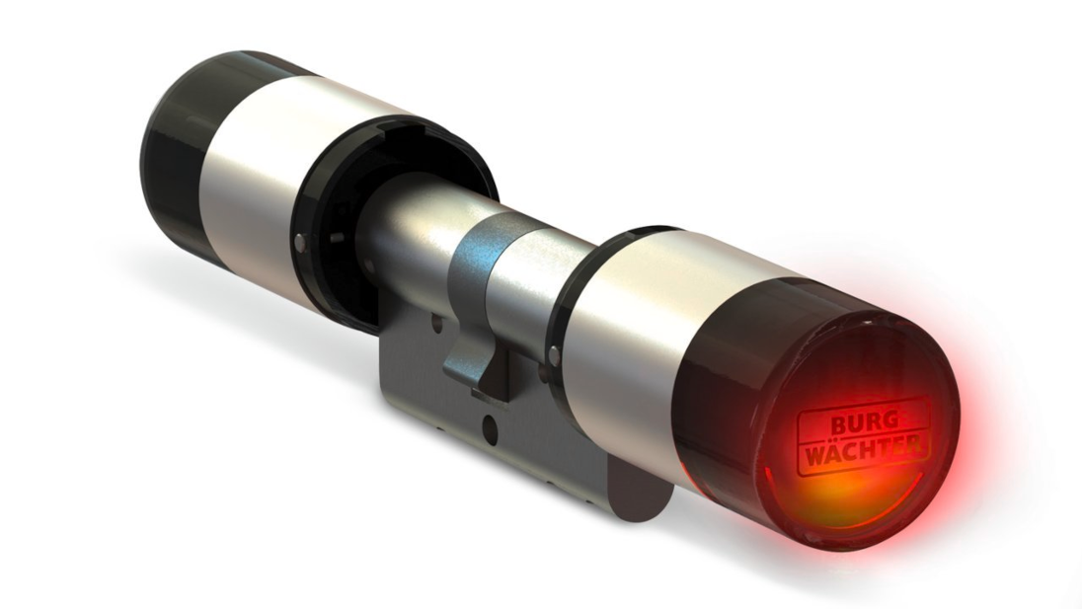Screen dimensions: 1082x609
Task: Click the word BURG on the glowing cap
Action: click(863, 424)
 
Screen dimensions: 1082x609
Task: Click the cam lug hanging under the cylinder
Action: click(476, 362)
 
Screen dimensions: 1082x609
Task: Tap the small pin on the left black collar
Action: click(298, 242)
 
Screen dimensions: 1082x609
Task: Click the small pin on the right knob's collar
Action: click(554, 356)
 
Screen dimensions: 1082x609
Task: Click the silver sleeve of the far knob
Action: click(276, 173)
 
